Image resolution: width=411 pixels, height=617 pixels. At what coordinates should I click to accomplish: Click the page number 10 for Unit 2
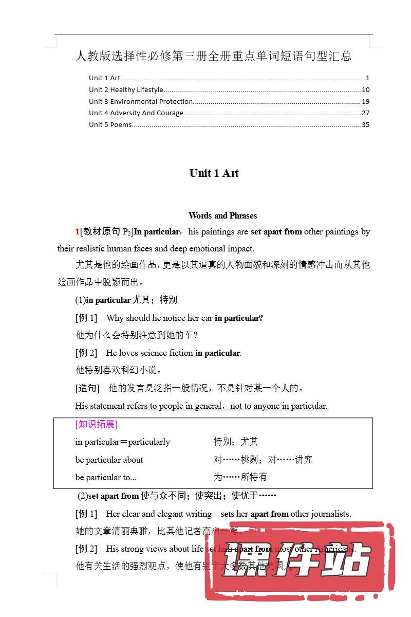(365, 90)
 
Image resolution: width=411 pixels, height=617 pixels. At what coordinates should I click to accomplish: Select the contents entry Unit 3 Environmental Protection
(141, 101)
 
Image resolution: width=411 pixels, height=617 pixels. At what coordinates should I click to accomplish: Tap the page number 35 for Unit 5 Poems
(365, 124)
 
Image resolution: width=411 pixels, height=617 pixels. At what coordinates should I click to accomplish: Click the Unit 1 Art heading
(214, 173)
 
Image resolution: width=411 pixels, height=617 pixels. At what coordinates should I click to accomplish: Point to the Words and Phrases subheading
(222, 215)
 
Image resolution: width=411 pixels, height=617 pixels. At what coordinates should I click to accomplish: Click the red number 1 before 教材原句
(78, 232)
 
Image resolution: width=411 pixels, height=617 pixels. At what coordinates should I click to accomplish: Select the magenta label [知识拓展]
(96, 424)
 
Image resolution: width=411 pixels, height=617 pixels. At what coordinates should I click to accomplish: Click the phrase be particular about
(109, 460)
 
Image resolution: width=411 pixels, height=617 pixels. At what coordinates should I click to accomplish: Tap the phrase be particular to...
(106, 477)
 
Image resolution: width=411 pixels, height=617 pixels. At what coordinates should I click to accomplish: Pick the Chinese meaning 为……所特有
(240, 477)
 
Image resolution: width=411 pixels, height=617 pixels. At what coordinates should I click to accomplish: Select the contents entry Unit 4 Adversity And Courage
(136, 113)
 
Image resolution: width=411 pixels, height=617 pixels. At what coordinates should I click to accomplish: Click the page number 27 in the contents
(365, 113)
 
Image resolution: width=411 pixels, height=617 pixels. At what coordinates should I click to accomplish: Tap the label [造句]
(87, 388)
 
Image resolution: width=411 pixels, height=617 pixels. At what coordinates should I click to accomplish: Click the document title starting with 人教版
(213, 56)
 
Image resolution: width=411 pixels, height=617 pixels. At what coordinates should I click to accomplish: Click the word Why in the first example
(115, 318)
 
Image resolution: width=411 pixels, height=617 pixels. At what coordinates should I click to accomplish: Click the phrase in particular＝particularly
(122, 442)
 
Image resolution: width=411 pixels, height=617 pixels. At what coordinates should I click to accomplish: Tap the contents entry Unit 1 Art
(104, 78)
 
